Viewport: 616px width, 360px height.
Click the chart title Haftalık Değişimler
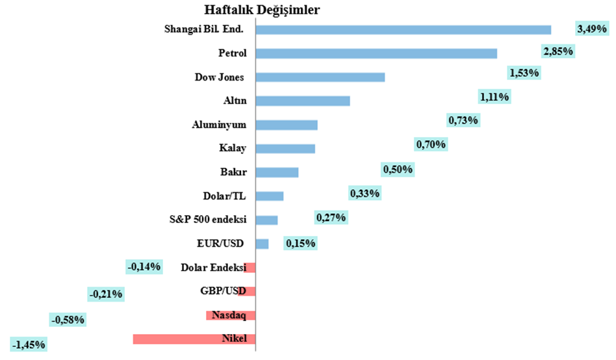(262, 11)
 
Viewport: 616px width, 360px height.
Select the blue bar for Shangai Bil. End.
(403, 29)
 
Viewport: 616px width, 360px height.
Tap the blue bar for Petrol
(376, 53)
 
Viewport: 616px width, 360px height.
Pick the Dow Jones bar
(320, 77)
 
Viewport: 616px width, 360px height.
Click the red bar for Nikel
(194, 339)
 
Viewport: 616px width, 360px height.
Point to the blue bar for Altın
(302, 101)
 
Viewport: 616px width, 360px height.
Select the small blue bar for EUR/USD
(262, 244)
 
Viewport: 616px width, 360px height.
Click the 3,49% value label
(591, 29)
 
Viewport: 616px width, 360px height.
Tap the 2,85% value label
(558, 51)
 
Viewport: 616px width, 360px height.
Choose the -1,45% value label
(28, 344)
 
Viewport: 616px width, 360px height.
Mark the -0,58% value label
(68, 320)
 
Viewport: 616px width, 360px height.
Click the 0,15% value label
(300, 244)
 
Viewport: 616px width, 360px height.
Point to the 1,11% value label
(494, 97)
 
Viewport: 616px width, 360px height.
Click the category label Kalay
(233, 149)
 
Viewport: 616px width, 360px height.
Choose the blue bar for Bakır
(277, 172)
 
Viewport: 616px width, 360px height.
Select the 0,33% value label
(365, 193)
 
